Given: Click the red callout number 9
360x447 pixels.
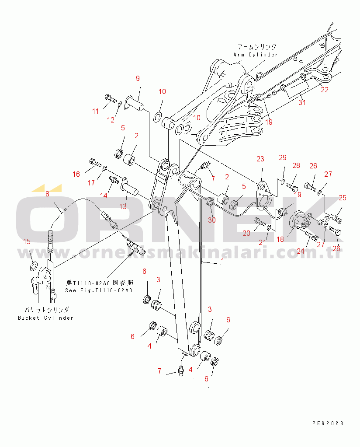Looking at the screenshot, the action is pos(138,78).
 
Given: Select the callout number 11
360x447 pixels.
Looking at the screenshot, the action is pos(96,111).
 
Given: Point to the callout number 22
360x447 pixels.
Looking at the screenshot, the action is pos(325,90).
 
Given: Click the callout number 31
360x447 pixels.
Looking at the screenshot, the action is pos(302,102).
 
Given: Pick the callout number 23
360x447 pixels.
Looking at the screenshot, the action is pos(260,159).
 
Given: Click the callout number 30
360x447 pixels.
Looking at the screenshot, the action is pos(212,220).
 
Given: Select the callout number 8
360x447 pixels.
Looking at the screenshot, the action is pos(47,194).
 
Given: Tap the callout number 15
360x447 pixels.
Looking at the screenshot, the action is pos(27,242).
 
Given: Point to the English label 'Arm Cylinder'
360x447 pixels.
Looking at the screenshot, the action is pos(256,54).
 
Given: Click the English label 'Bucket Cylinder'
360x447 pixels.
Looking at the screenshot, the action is pos(45,318).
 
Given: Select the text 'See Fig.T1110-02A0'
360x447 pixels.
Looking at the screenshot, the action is pos(99,290).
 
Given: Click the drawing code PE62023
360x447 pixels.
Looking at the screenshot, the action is pos(328,423).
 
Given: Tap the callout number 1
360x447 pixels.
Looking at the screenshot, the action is pos(223,261).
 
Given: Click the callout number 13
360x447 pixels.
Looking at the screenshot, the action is pos(123,206).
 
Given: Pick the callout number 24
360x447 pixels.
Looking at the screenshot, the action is pos(301,251).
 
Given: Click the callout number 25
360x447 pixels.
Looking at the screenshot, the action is pos(343,198).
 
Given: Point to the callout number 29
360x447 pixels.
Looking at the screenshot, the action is pos(283,157).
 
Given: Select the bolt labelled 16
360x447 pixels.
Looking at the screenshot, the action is pos(95,163).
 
